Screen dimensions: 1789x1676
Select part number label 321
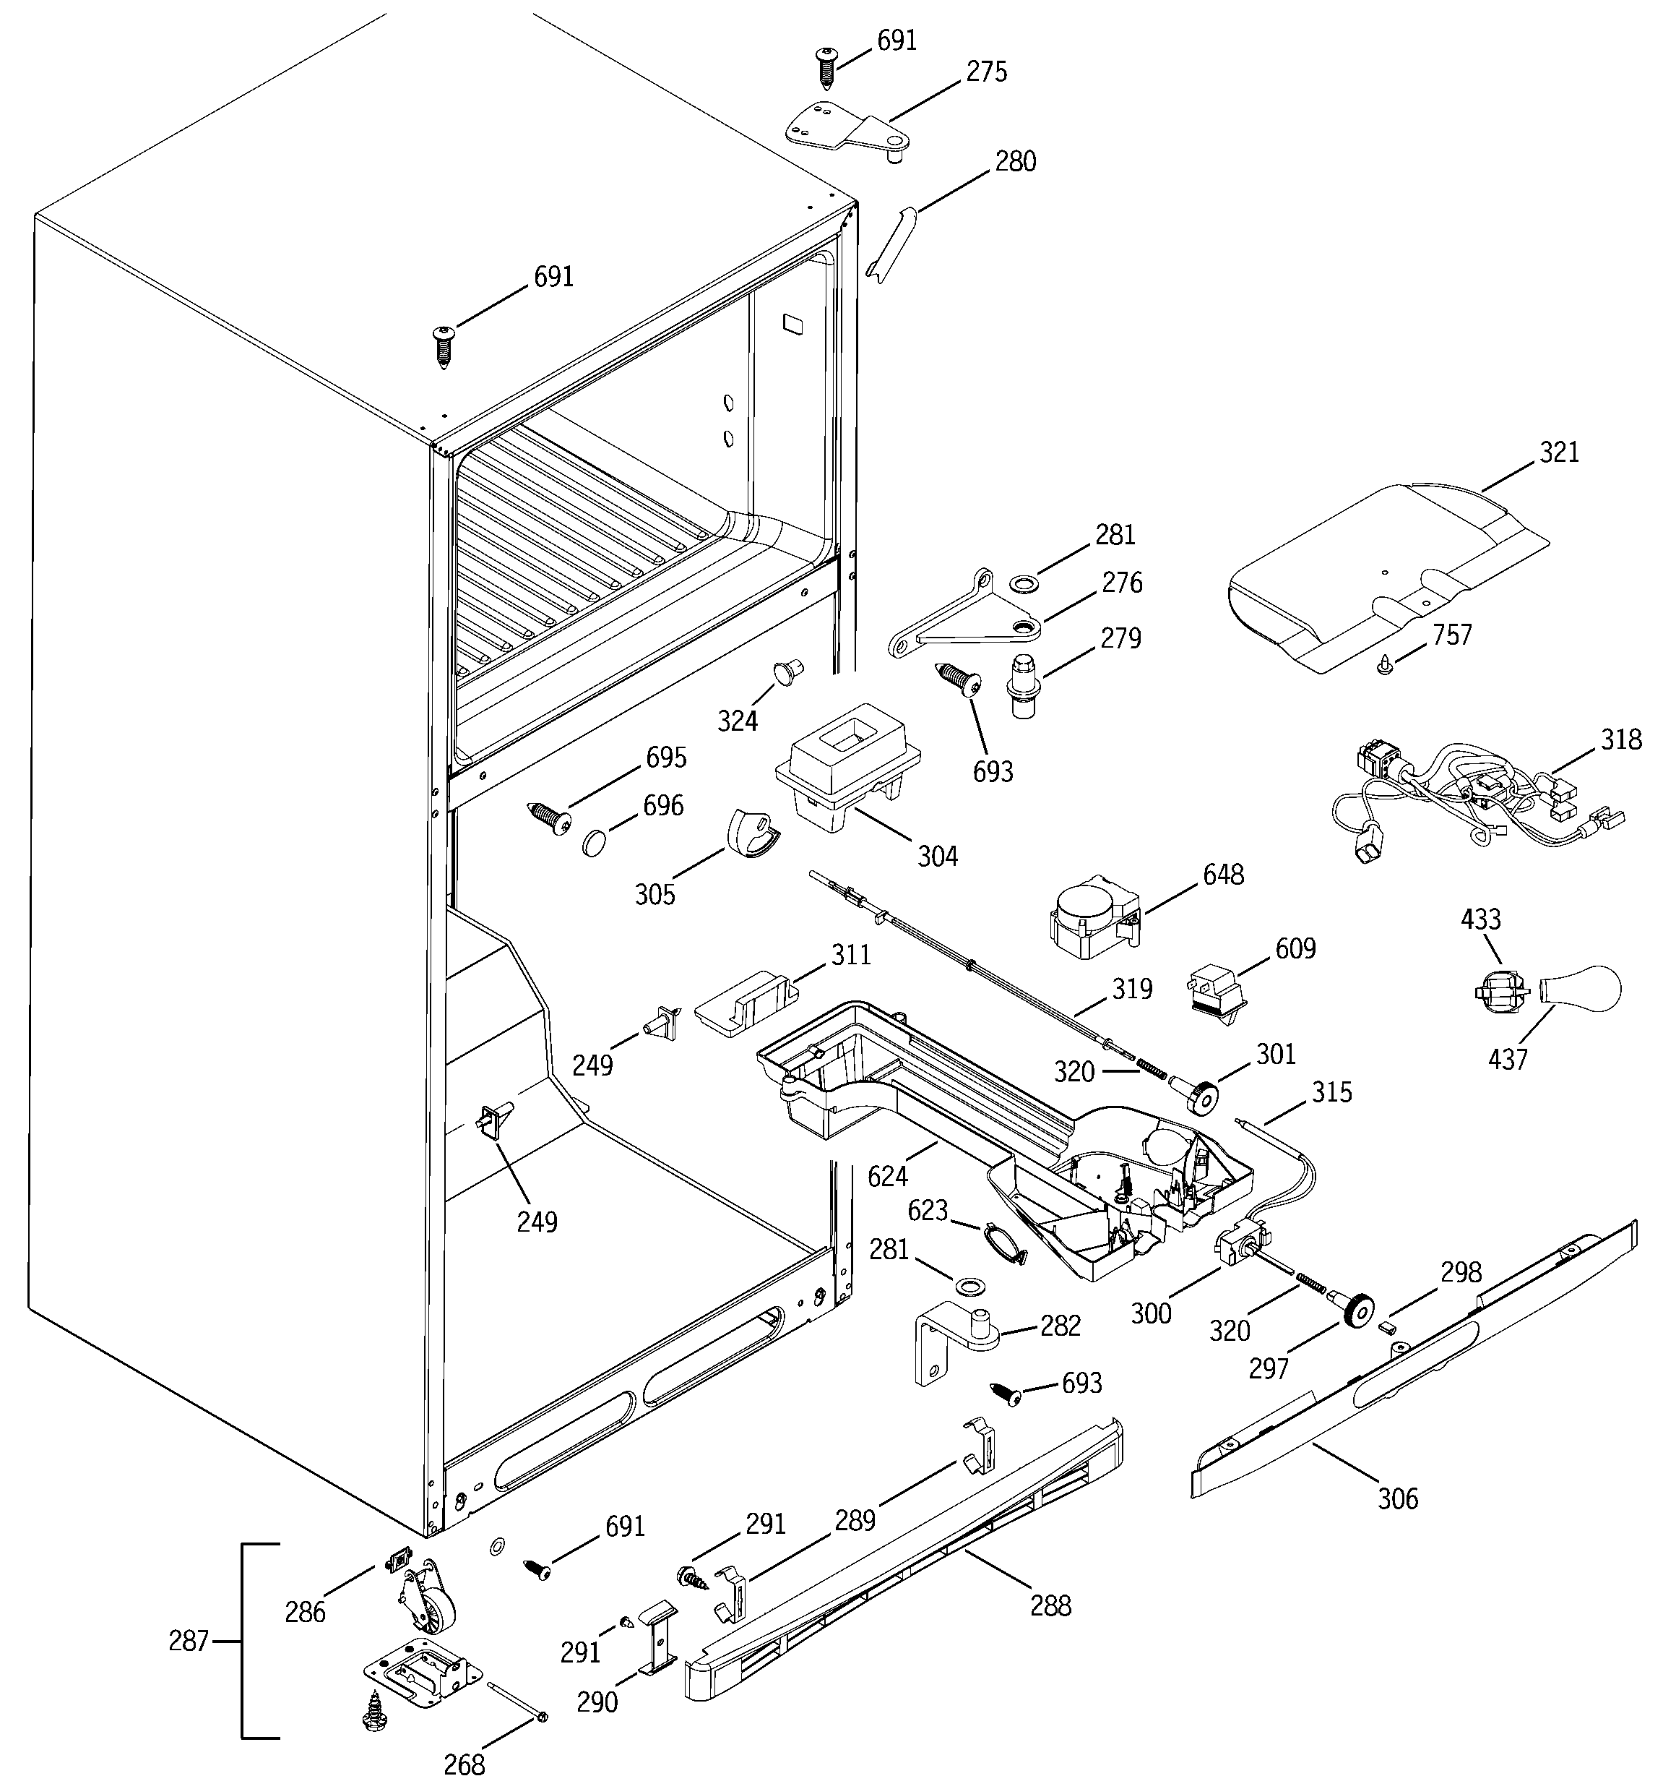(x=1559, y=452)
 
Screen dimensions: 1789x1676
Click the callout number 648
(x=1224, y=874)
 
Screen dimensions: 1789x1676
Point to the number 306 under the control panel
(x=1397, y=1498)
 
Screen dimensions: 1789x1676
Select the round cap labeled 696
(x=595, y=842)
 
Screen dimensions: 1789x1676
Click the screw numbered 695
(x=550, y=817)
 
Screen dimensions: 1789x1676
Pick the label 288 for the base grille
(x=1050, y=1605)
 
